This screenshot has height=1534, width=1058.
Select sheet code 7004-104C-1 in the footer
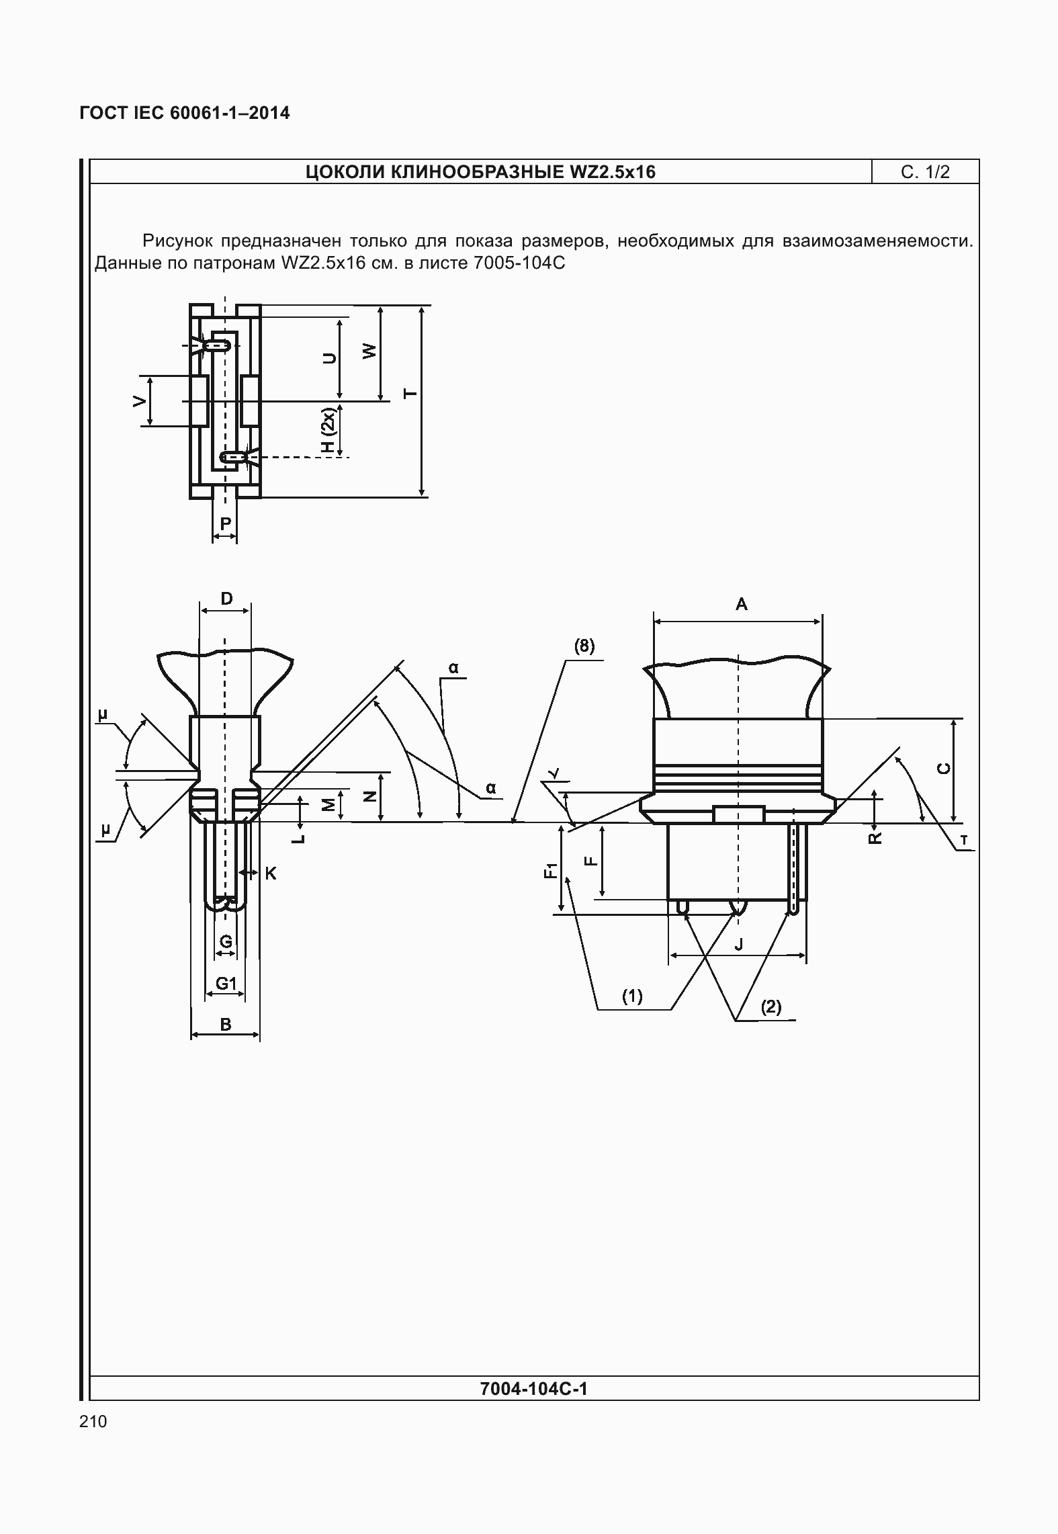click(534, 1388)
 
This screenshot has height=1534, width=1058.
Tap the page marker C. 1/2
click(926, 172)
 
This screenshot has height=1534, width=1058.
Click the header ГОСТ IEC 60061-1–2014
click(185, 113)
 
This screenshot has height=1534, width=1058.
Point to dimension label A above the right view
click(741, 604)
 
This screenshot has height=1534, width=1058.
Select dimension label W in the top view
click(369, 351)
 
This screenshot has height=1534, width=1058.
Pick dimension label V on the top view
click(139, 401)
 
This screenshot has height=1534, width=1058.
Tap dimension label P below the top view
click(226, 523)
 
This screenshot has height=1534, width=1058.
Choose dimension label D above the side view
click(226, 598)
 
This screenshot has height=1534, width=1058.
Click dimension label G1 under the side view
click(226, 984)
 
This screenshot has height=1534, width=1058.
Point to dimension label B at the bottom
click(226, 1025)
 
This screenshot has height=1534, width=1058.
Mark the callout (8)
click(584, 646)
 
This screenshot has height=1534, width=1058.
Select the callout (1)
click(632, 996)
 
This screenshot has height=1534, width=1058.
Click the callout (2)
click(770, 1007)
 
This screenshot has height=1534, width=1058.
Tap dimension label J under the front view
click(739, 944)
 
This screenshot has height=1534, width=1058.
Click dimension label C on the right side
click(944, 769)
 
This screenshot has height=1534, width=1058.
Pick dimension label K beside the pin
click(271, 873)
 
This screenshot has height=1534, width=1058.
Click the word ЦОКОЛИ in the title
click(345, 172)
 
